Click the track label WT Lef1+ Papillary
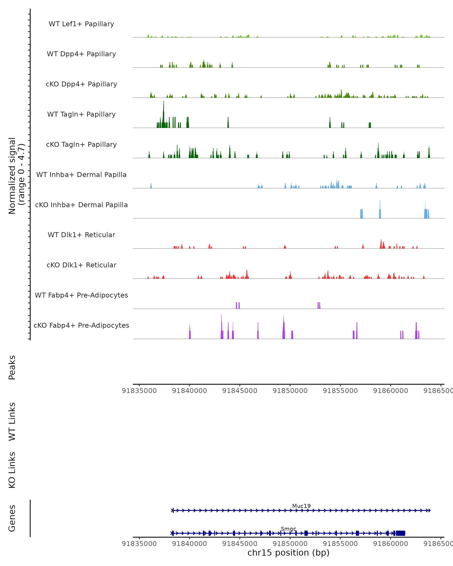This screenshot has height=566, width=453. pyautogui.click(x=81, y=24)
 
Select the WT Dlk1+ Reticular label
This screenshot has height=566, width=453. pyautogui.click(x=81, y=235)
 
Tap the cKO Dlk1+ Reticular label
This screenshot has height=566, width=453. pyautogui.click(x=81, y=265)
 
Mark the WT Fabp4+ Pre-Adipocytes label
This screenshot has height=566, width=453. pyautogui.click(x=81, y=295)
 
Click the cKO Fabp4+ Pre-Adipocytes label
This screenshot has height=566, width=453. pyautogui.click(x=81, y=325)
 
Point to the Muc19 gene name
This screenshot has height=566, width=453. pyautogui.click(x=301, y=506)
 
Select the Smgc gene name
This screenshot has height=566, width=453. pyautogui.click(x=288, y=529)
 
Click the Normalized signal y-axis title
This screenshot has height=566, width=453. pyautogui.click(x=16, y=176)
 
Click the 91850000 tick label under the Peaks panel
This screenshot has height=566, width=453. pyautogui.click(x=290, y=391)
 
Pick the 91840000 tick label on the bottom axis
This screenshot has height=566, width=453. pyautogui.click(x=189, y=544)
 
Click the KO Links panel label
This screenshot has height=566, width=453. pyautogui.click(x=12, y=470)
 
